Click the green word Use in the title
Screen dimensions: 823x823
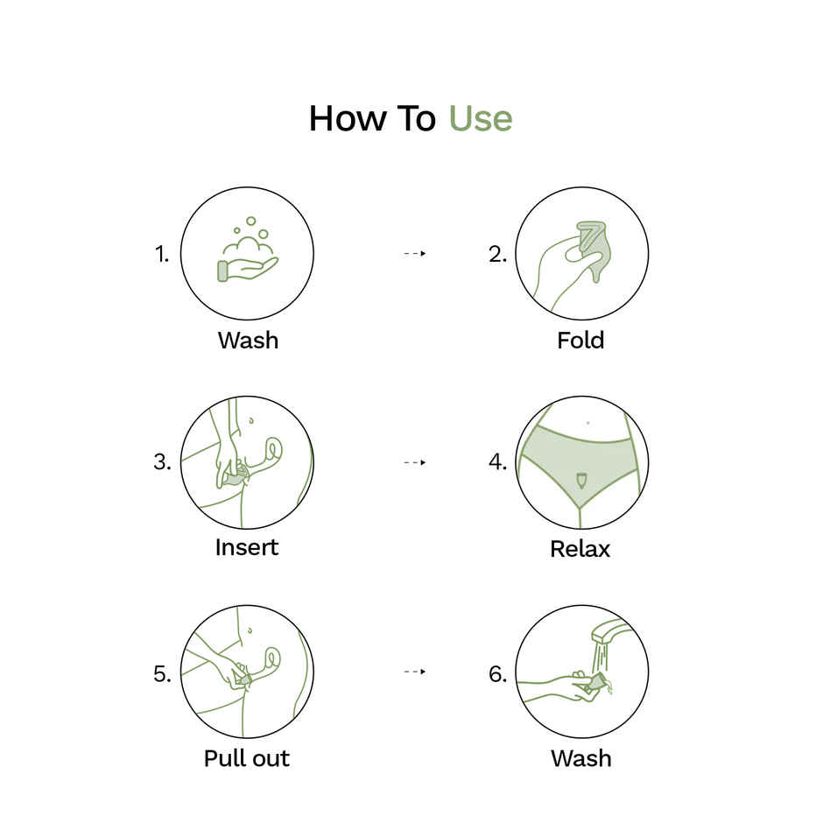[x=481, y=119]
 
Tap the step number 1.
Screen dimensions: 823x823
[x=161, y=255]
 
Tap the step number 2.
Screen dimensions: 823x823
[x=497, y=255]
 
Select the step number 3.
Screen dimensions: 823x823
[x=162, y=462]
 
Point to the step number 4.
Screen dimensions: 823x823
[x=497, y=462]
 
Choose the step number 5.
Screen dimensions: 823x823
[x=162, y=673]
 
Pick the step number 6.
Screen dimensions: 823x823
[x=497, y=673]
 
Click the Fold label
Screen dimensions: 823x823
[x=580, y=340]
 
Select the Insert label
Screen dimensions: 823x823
[x=247, y=547]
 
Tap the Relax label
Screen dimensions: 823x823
[x=580, y=549]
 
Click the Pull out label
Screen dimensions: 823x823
[x=246, y=758]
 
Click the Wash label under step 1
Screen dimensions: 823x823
[x=248, y=340]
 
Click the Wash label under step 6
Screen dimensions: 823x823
[x=580, y=758]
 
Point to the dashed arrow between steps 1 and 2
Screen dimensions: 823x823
[x=414, y=253]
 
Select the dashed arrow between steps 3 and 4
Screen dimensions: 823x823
[x=414, y=462]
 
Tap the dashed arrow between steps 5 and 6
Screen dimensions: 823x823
[x=414, y=672]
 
